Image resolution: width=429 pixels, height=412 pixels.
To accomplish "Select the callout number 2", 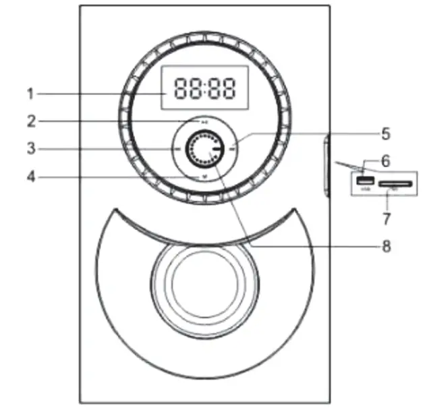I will (x=30, y=121).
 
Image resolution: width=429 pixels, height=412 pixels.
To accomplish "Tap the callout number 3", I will (x=30, y=148).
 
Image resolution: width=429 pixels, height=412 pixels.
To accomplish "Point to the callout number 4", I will (x=30, y=178).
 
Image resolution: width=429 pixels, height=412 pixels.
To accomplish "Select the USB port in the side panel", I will (x=365, y=181).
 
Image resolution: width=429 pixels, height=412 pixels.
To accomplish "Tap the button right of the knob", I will (x=231, y=148).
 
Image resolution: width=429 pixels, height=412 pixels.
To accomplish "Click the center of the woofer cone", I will (x=204, y=283).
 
